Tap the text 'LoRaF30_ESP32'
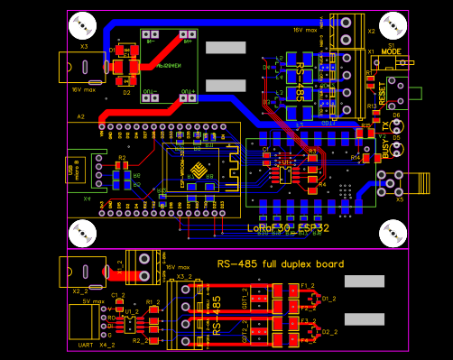tap(286, 228)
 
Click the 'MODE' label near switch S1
tap(391, 51)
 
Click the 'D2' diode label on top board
tap(126, 92)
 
